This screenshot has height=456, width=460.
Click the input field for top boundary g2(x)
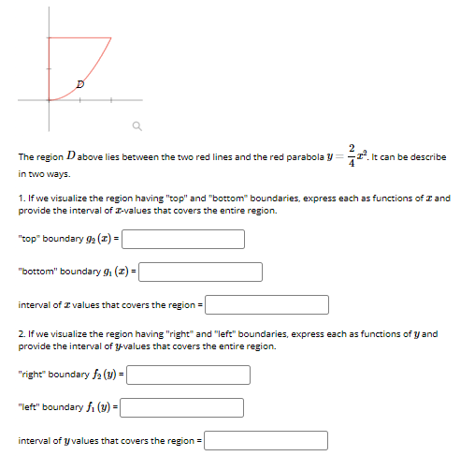pyautogui.click(x=183, y=240)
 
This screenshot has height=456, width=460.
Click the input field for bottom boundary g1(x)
pyautogui.click(x=201, y=272)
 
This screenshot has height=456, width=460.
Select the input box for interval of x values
pyautogui.click(x=267, y=305)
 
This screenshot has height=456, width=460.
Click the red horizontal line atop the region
pyautogui.click(x=79, y=38)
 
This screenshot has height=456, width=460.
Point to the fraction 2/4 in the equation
pyautogui.click(x=351, y=155)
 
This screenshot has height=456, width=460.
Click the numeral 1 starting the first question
pyautogui.click(x=21, y=199)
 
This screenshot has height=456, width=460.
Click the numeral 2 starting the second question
pyautogui.click(x=22, y=334)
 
